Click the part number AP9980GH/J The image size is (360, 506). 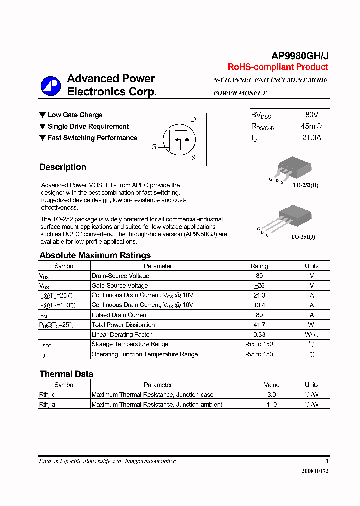point(299,56)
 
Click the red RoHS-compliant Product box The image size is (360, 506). point(278,67)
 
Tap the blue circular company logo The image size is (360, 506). point(51,86)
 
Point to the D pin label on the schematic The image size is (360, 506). point(193,119)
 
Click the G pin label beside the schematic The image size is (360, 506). point(154,147)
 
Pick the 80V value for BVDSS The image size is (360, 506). point(311,115)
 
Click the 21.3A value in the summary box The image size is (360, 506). point(311,138)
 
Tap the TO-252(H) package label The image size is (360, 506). point(305,185)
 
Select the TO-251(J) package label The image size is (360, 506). point(303,237)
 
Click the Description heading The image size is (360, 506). point(63,167)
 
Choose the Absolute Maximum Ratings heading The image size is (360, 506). point(95,255)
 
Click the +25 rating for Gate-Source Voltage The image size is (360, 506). point(259,286)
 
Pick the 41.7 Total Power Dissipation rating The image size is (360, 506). point(259,325)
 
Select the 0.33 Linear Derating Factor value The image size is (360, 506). point(259,335)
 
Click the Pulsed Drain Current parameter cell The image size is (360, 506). point(120,315)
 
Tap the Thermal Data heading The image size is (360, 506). point(66,374)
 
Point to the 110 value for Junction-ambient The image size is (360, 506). point(272,404)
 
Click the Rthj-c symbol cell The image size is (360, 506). point(47,395)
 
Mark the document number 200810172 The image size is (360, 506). point(315,471)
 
